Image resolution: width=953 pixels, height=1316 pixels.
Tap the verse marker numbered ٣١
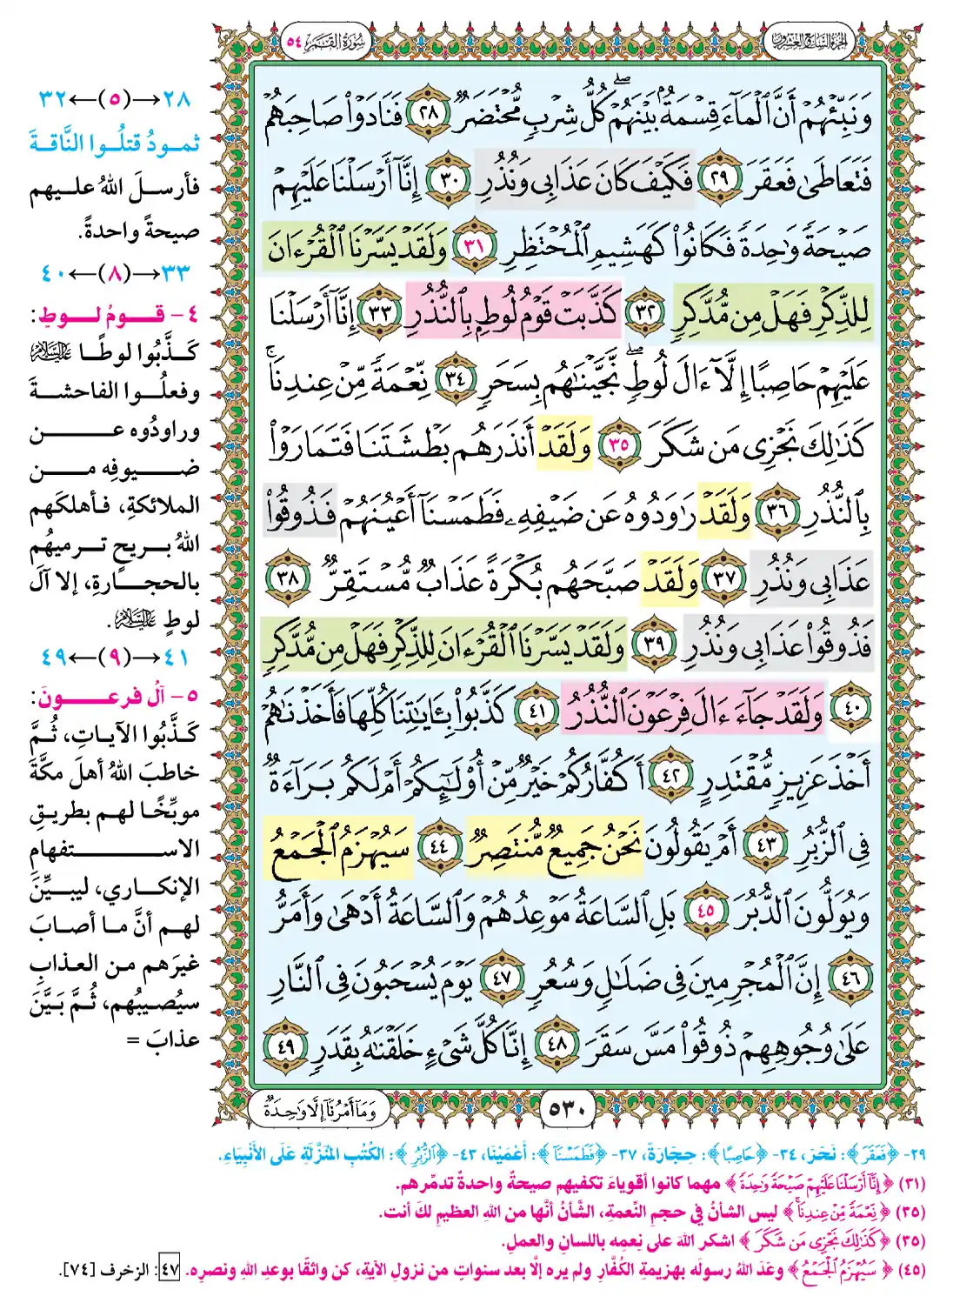474,247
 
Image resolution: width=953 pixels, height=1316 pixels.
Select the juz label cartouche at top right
807,41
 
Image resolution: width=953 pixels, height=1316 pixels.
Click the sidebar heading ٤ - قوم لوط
114,314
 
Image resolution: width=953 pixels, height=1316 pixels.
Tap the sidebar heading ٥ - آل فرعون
114,696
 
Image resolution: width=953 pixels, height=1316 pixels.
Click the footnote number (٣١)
910,1184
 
